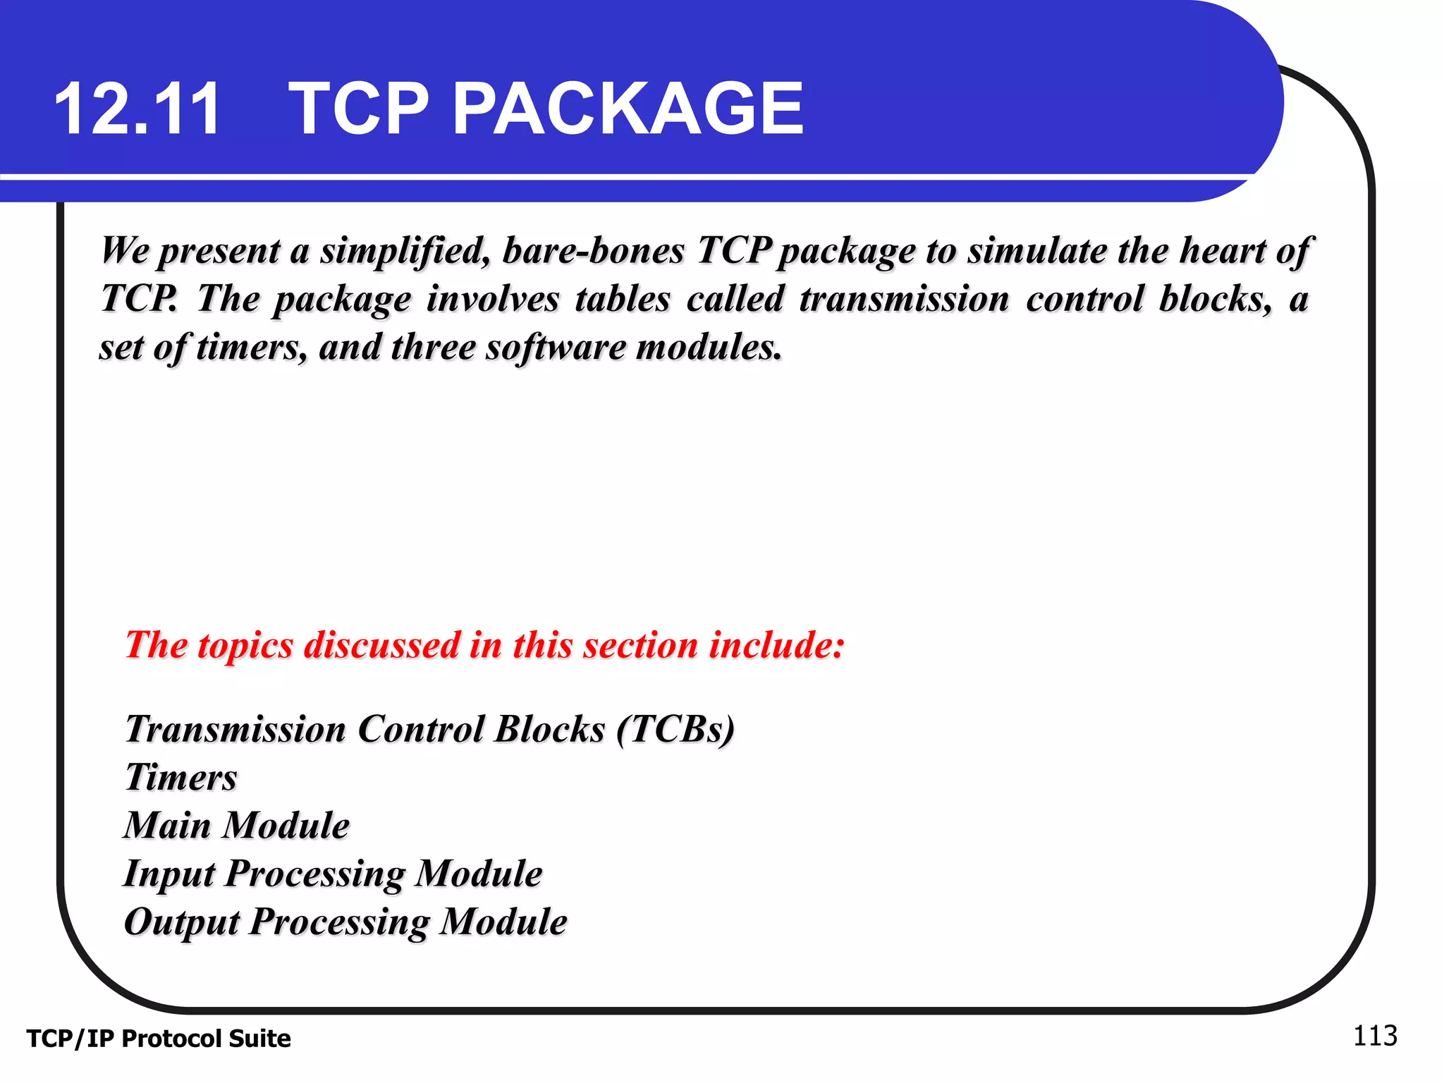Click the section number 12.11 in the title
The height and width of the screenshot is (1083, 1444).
pos(137,109)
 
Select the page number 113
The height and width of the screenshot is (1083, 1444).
pos(1374,1036)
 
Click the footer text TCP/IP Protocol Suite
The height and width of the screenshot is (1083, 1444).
pos(159,1039)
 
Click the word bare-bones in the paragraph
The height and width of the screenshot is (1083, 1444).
pos(594,250)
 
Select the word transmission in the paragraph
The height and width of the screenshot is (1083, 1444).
pos(904,299)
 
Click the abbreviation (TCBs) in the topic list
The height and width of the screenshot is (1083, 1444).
pos(675,729)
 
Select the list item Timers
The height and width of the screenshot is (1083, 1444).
pos(181,778)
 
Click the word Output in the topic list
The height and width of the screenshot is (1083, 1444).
pos(182,922)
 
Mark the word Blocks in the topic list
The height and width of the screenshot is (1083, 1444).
pos(549,729)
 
